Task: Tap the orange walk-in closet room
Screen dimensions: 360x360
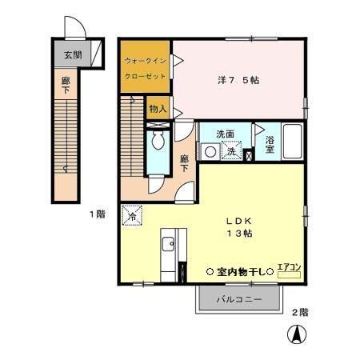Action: (146, 67)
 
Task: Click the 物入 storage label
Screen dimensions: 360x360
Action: (157, 108)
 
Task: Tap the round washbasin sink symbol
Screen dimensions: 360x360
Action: (210, 150)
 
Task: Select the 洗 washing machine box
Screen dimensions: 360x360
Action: (230, 150)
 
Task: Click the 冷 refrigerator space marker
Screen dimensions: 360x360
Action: (131, 215)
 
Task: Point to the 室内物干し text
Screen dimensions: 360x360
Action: (240, 272)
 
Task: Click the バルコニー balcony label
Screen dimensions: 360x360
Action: (239, 300)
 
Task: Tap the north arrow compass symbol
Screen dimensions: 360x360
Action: (296, 336)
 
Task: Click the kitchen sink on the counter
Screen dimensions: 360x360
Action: (169, 244)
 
